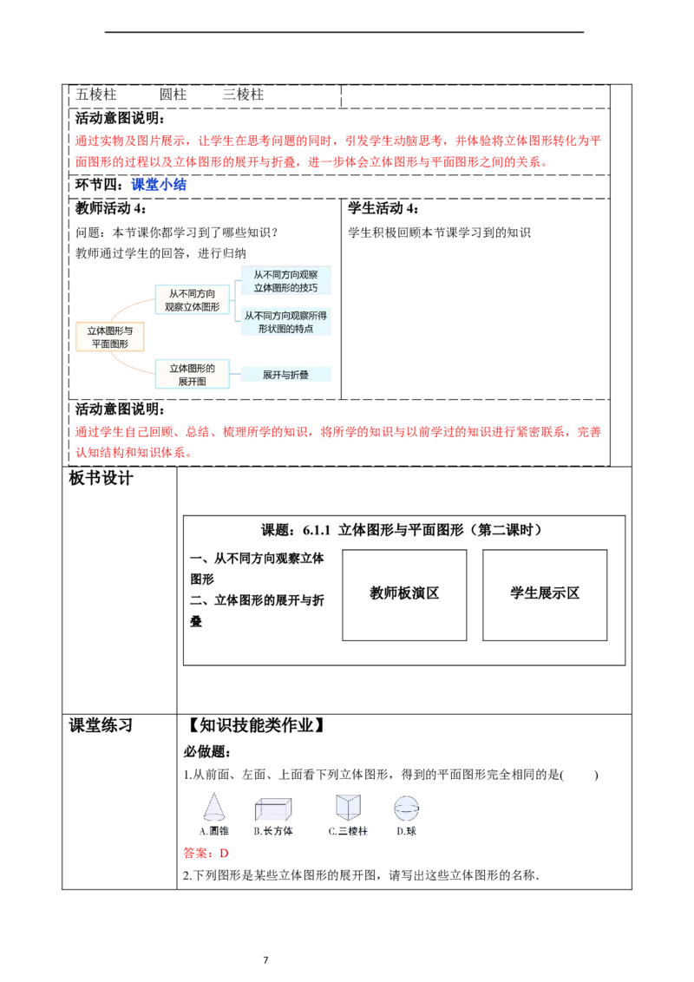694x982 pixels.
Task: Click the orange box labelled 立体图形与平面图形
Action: point(110,337)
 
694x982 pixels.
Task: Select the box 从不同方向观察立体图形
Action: point(192,300)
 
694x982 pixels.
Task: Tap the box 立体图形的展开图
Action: point(192,375)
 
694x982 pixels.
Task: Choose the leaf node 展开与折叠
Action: point(285,375)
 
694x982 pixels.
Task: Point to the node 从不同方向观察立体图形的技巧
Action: point(285,280)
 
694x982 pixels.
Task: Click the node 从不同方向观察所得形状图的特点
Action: point(285,322)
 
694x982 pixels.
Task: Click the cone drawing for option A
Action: point(213,809)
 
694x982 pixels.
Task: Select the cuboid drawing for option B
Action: point(275,809)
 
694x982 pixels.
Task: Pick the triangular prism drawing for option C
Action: point(347,806)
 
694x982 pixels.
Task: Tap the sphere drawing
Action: point(407,808)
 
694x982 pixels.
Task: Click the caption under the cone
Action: point(213,831)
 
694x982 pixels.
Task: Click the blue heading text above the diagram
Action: point(160,184)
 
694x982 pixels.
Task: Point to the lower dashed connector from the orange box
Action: point(130,365)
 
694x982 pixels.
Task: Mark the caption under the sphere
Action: point(406,831)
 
